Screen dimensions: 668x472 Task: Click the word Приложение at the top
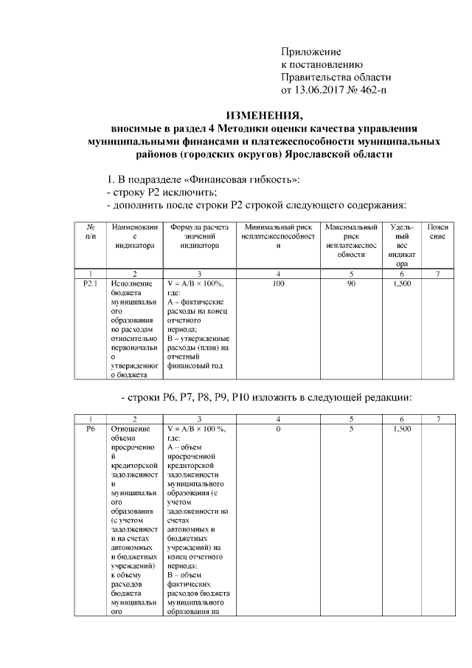pyautogui.click(x=310, y=52)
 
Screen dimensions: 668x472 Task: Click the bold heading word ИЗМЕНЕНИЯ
pyautogui.click(x=264, y=115)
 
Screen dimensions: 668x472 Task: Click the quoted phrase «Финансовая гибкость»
pyautogui.click(x=248, y=179)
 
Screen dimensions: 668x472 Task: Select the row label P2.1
pyautogui.click(x=90, y=283)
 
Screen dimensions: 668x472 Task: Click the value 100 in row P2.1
pyautogui.click(x=277, y=283)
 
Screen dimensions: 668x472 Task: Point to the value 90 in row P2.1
pyautogui.click(x=352, y=283)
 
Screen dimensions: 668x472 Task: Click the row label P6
pyautogui.click(x=90, y=428)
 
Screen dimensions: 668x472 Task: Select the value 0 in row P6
pyautogui.click(x=277, y=428)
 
